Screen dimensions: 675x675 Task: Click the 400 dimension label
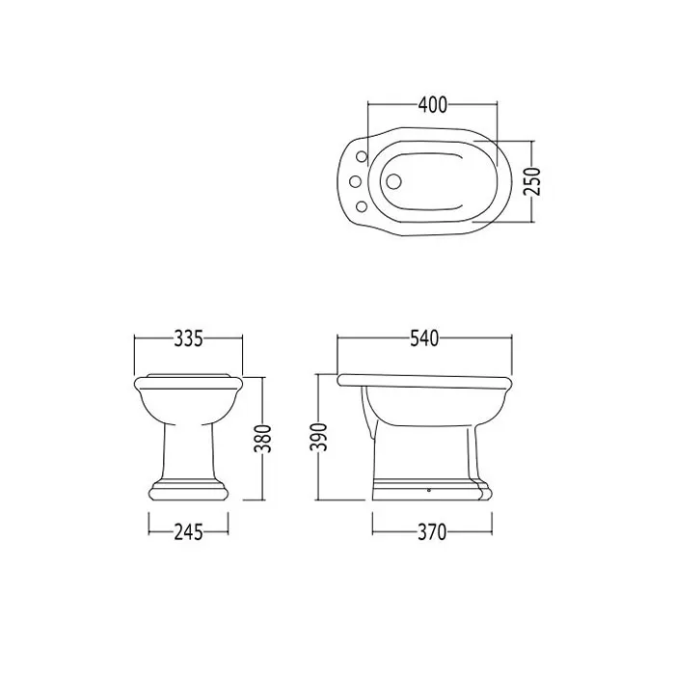pos(433,104)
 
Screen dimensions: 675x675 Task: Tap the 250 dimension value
pos(532,181)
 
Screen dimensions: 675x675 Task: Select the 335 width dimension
pos(189,338)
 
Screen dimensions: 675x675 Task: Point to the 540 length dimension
pos(424,338)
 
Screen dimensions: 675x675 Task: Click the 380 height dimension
pos(262,438)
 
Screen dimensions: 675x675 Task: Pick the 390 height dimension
pos(319,437)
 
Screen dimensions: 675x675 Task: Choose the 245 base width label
pos(189,532)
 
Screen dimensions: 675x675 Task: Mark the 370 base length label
pos(432,532)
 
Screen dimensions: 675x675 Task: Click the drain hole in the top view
pos(392,181)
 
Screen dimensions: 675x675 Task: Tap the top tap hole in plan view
pos(362,156)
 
